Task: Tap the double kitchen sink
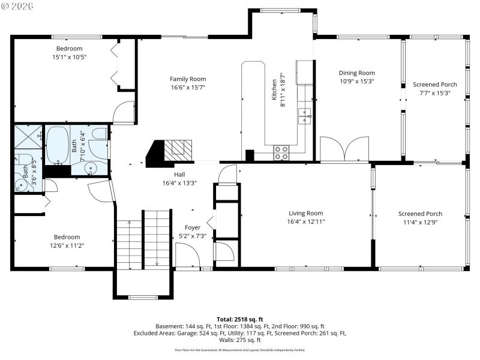[305, 116]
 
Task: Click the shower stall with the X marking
[28, 137]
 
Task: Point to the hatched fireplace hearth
[178, 148]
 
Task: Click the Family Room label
[188, 79]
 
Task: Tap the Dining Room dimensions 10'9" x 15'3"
[357, 82]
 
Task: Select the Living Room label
[306, 213]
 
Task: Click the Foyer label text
[193, 227]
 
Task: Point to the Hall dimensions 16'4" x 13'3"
[179, 183]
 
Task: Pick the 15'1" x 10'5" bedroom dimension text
[69, 57]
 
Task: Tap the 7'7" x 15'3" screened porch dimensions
[435, 93]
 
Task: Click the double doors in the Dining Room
[344, 149]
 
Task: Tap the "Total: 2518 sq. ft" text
[240, 319]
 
